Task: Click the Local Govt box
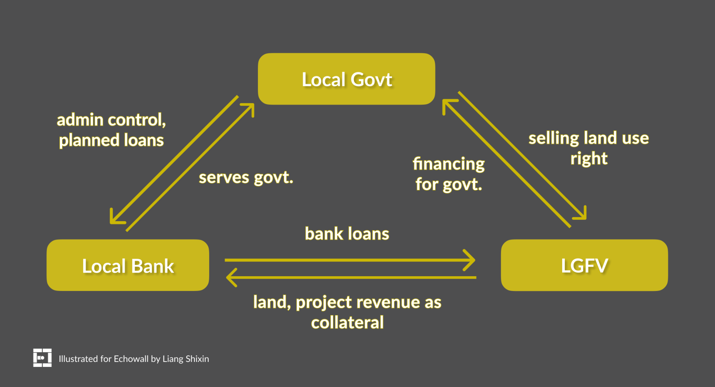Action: pos(346,79)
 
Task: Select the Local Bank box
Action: pos(128,265)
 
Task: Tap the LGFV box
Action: pos(584,265)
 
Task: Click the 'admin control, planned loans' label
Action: pos(111,130)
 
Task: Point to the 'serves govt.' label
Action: pos(246,177)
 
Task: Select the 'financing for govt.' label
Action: pos(449,174)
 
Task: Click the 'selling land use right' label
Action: pos(589,148)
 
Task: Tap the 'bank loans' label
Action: pos(347,234)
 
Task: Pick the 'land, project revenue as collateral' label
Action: pos(347,312)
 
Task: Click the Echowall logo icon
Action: pos(42,358)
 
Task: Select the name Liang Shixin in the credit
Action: pos(185,359)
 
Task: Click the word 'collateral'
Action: pos(347,323)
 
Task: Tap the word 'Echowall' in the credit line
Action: pos(131,359)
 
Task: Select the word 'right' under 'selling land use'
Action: pos(589,159)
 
